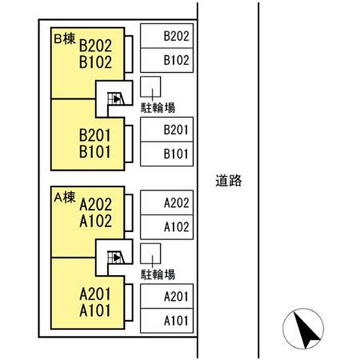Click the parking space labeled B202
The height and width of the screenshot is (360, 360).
[x=167, y=37]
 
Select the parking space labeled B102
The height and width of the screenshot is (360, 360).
[x=167, y=60]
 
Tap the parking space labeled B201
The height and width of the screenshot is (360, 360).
[x=167, y=130]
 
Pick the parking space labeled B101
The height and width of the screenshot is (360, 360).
[x=167, y=154]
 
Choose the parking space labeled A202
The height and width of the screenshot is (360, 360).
[x=167, y=203]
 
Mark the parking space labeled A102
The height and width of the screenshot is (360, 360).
[x=167, y=227]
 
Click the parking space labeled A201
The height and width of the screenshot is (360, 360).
[x=167, y=296]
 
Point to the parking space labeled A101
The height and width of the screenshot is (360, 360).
[x=167, y=320]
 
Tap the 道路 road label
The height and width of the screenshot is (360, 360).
[x=228, y=181]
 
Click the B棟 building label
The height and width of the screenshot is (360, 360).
[x=65, y=40]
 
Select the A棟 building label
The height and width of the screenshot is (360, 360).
[x=65, y=196]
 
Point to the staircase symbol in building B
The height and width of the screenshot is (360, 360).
[x=116, y=98]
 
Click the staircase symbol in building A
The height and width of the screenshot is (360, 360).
[x=116, y=256]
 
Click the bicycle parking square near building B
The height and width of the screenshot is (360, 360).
[x=151, y=86]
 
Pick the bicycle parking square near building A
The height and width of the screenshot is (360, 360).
[x=151, y=253]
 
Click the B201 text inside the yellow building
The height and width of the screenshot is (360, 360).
[x=95, y=136]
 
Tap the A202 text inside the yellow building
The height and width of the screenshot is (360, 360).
[x=96, y=205]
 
